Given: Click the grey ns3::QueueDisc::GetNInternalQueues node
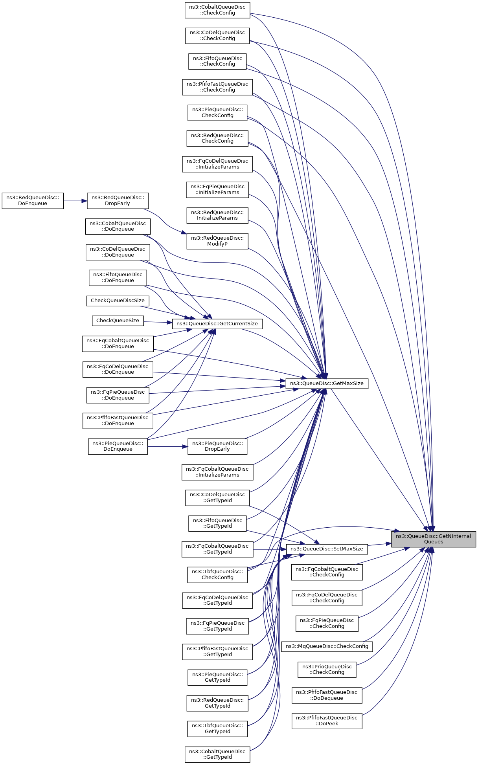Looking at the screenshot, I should [x=433, y=539].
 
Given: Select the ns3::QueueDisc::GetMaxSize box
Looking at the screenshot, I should [x=327, y=383].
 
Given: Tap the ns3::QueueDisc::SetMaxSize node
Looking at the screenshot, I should [x=327, y=549].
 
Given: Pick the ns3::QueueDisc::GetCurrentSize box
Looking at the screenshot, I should [x=217, y=324].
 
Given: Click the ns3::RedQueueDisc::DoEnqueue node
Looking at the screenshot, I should [x=33, y=200].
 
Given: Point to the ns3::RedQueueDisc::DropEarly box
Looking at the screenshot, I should [x=118, y=200].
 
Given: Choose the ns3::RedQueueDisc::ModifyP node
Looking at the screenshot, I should [x=217, y=241].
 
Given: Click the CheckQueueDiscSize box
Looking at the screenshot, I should [x=118, y=301].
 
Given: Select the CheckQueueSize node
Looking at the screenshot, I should [x=118, y=321].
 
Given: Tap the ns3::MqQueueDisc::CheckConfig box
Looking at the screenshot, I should [x=327, y=646].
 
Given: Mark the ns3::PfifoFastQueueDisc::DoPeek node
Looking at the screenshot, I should [x=327, y=721].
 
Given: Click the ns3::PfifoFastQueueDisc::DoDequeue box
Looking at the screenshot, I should [x=327, y=695].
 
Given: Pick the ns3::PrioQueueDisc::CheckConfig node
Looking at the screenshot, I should [x=327, y=670].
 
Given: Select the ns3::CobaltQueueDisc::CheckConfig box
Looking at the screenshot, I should [x=217, y=10].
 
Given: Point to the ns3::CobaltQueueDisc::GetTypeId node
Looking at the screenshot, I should [x=217, y=754].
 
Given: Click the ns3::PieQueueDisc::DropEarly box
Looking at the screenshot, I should [x=217, y=446].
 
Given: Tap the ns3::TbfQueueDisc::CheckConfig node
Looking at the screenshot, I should [x=217, y=574].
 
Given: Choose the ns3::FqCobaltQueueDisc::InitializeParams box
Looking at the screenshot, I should [x=217, y=472].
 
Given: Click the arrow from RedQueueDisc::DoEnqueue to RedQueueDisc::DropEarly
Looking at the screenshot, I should [x=75, y=201].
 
